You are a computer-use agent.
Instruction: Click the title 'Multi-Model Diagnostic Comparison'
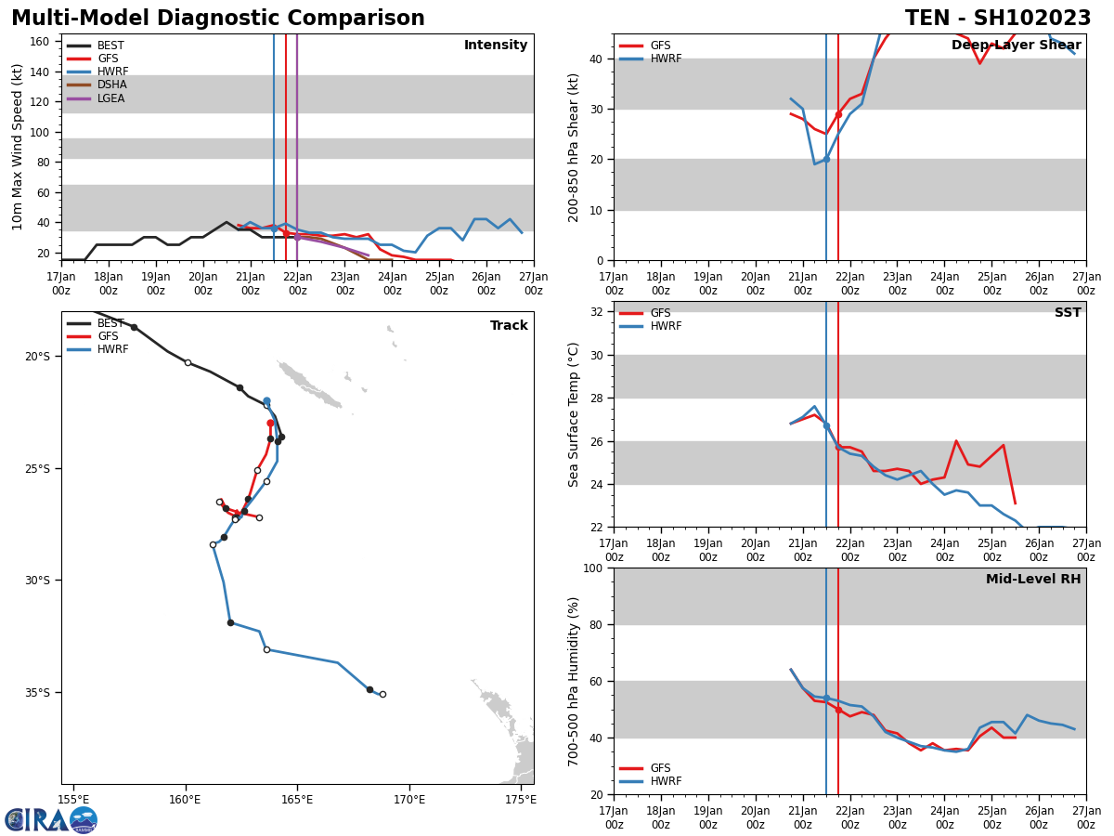218,19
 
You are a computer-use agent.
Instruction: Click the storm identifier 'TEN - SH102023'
998,19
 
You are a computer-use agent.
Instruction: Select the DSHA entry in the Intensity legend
111,85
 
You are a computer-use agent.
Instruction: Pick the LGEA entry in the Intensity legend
111,98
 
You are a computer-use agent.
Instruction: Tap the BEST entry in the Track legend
110,323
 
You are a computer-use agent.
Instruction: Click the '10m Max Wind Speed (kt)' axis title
18,147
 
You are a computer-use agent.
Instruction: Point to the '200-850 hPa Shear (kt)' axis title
574,147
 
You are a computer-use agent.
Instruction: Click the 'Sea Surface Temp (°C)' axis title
574,414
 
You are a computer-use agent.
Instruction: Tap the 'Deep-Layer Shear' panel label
1016,46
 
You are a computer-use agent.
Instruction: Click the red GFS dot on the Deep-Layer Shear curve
838,114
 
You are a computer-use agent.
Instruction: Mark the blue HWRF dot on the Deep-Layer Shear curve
826,159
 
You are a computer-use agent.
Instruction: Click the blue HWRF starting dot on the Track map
266,401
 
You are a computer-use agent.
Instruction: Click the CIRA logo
51,820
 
